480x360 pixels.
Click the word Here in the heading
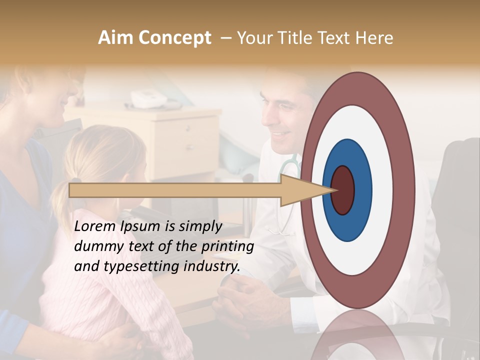[374, 38]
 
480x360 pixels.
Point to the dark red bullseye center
[343, 190]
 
